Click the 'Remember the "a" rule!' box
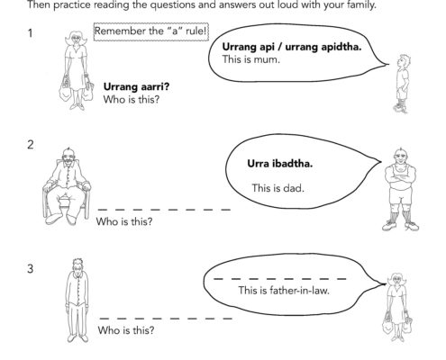pos(151,31)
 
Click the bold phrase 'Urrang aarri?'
pos(136,86)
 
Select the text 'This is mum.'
pos(251,59)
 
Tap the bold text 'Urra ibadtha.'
pos(280,164)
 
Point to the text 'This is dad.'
pos(278,188)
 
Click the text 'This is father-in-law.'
pos(284,291)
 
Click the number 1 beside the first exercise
pos(30,33)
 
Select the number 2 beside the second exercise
pos(31,145)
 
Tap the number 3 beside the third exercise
pos(31,268)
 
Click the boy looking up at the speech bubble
pos(402,84)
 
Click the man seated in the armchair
pos(67,186)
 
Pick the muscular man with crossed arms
pos(400,189)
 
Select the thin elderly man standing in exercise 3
pos(77,300)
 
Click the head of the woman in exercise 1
pos(76,39)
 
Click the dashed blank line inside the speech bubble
pos(279,279)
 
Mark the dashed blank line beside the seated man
pos(164,210)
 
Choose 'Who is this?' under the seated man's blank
pos(124,221)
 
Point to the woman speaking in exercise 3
pos(397,307)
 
